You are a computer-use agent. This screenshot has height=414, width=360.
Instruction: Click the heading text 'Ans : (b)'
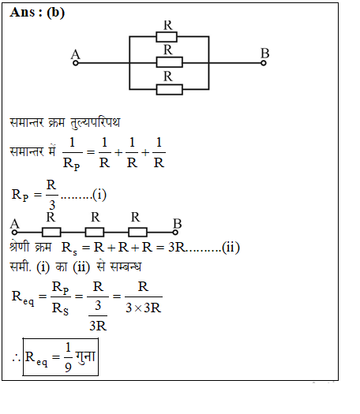(37, 13)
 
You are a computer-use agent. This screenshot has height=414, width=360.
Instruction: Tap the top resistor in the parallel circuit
(167, 37)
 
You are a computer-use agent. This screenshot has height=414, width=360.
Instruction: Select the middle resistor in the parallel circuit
(169, 62)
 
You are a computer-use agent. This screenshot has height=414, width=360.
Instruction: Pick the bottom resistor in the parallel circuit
(169, 90)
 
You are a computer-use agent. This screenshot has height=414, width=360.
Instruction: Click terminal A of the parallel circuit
(76, 63)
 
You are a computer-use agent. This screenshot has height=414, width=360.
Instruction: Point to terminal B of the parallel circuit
(263, 63)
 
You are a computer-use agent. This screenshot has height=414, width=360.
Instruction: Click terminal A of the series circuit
(14, 233)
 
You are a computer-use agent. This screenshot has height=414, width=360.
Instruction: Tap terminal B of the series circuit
(175, 233)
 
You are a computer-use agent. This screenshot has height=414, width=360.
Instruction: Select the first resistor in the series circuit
(51, 233)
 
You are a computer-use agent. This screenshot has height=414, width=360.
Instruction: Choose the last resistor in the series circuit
(137, 233)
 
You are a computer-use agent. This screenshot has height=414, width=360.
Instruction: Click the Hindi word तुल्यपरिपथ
(96, 122)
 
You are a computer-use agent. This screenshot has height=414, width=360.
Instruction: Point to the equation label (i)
(99, 195)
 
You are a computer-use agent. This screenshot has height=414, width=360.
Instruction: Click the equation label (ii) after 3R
(231, 248)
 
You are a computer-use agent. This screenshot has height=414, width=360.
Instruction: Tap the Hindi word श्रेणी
(19, 246)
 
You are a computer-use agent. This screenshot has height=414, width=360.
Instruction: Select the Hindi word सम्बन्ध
(126, 267)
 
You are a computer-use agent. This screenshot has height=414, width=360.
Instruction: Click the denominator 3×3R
(143, 308)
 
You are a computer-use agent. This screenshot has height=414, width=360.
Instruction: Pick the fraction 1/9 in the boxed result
(68, 357)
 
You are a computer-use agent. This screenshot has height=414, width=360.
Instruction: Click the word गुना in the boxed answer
(85, 357)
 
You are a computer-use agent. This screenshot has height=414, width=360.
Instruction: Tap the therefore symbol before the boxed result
(16, 358)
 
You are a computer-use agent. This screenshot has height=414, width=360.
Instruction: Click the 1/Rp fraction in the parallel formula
(72, 153)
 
